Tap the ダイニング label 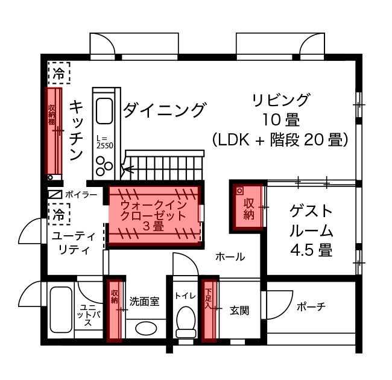(x=165, y=110)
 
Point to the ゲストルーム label (x=311, y=230)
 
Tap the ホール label (x=230, y=257)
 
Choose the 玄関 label (x=239, y=311)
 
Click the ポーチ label (x=311, y=307)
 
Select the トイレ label (x=184, y=296)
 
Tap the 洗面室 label (x=145, y=301)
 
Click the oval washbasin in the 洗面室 (x=146, y=329)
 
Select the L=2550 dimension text (x=104, y=142)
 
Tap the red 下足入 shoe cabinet (x=209, y=311)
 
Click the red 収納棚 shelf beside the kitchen (x=54, y=133)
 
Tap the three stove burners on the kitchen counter (x=104, y=165)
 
